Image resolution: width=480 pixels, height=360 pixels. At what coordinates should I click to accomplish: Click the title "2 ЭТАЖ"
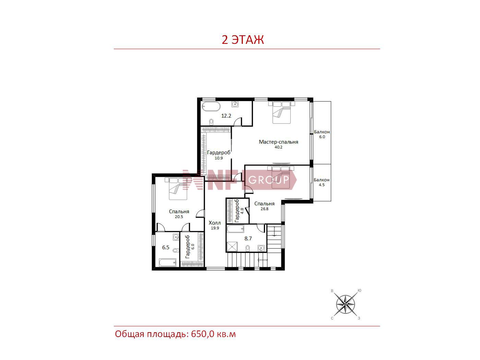pyautogui.click(x=243, y=40)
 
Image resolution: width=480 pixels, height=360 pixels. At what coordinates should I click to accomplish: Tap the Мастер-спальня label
pyautogui.click(x=278, y=142)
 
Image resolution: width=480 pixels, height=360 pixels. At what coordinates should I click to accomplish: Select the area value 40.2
pyautogui.click(x=278, y=147)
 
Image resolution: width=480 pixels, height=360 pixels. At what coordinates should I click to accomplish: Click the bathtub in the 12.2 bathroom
pyautogui.click(x=211, y=106)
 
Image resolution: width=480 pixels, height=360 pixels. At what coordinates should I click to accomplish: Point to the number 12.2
pyautogui.click(x=226, y=116)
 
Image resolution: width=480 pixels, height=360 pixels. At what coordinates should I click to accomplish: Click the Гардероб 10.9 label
pyautogui.click(x=219, y=155)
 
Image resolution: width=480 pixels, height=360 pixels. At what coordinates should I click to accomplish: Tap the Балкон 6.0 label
pyautogui.click(x=322, y=134)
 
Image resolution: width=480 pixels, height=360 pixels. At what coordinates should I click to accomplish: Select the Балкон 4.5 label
pyautogui.click(x=322, y=182)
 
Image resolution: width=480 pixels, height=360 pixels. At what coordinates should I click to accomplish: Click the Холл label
pyautogui.click(x=215, y=223)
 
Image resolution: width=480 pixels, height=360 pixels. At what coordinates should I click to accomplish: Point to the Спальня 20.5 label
pyautogui.click(x=179, y=214)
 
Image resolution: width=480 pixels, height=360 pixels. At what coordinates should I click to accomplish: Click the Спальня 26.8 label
pyautogui.click(x=264, y=206)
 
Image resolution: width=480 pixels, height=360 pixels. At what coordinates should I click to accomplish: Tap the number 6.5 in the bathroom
pyautogui.click(x=166, y=248)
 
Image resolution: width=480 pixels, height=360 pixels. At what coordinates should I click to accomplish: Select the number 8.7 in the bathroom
pyautogui.click(x=248, y=239)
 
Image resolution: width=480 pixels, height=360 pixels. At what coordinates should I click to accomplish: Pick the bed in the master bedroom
pyautogui.click(x=282, y=112)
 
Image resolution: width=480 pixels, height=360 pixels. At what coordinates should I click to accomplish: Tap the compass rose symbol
pyautogui.click(x=345, y=304)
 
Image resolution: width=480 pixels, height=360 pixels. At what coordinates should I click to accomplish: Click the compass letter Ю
pyautogui.click(x=359, y=290)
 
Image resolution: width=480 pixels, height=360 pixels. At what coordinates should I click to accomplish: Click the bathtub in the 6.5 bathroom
pyautogui.click(x=168, y=263)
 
